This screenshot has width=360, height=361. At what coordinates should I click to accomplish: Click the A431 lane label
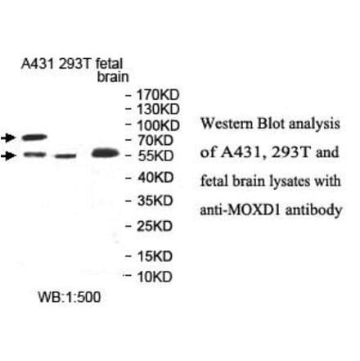click(36, 65)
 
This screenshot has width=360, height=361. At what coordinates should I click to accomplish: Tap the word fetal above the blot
click(107, 65)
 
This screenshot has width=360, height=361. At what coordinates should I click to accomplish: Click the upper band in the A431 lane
click(36, 138)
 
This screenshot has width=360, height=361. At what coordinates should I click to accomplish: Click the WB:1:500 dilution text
click(70, 297)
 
